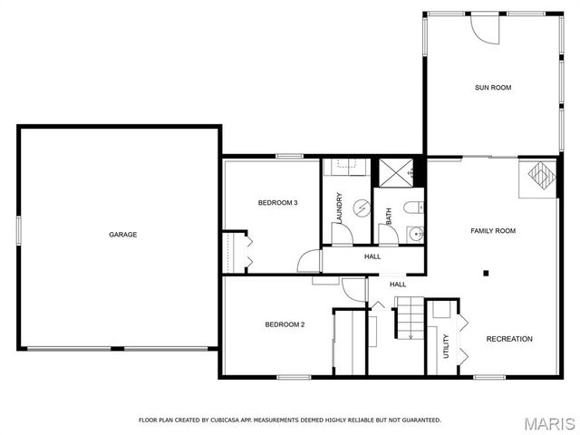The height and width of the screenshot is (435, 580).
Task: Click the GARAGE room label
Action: (123, 235)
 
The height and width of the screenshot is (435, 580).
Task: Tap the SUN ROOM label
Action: (493, 88)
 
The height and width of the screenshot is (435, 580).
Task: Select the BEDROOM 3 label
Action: (277, 202)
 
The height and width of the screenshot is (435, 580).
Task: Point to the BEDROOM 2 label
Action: (284, 324)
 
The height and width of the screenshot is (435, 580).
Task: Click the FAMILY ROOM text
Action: (493, 231)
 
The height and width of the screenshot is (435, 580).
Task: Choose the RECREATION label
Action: (509, 339)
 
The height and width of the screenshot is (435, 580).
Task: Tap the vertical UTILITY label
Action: (446, 347)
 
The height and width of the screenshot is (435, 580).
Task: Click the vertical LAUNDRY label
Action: (339, 209)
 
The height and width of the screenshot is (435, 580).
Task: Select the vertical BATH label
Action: (389, 217)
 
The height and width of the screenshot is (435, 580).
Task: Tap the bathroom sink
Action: (414, 234)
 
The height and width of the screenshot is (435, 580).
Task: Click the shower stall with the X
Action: (394, 170)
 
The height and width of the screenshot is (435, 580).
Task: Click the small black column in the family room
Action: (486, 272)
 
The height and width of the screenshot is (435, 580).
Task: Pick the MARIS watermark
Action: (549, 422)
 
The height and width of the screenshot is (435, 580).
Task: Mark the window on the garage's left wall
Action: (17, 229)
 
